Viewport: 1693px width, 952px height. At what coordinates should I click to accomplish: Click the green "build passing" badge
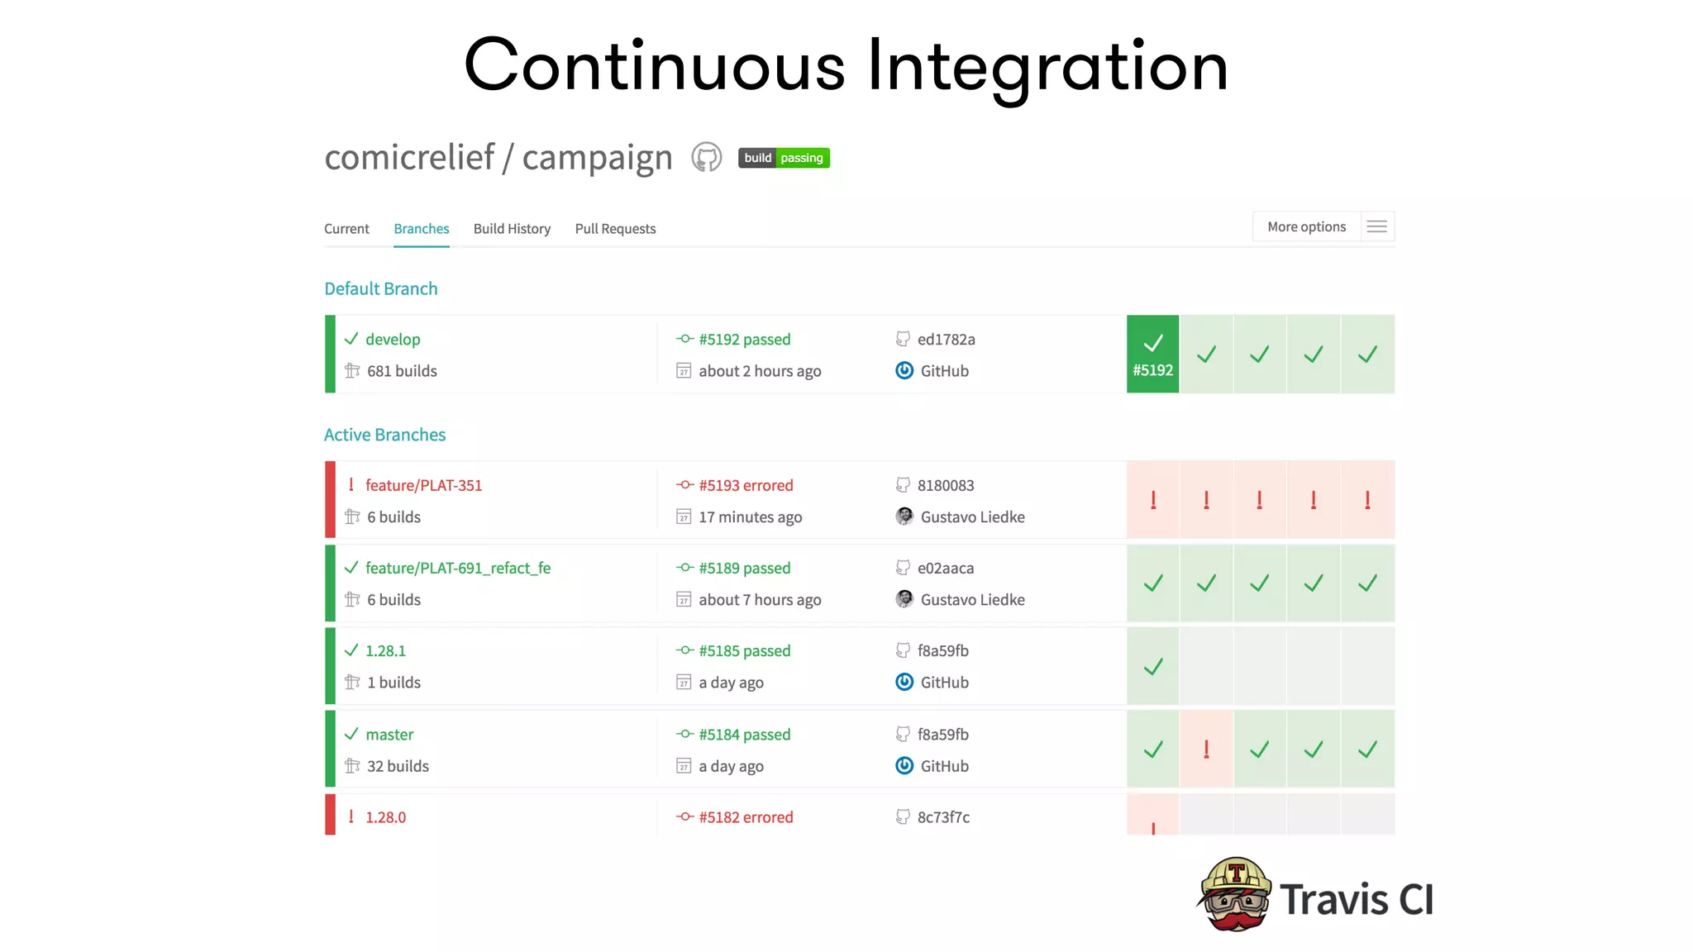pyautogui.click(x=783, y=158)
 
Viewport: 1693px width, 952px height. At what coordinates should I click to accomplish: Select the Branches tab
pyautogui.click(x=421, y=229)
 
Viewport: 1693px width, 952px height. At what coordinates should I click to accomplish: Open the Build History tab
pyautogui.click(x=512, y=229)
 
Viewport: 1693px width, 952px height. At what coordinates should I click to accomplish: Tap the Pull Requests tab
pyautogui.click(x=615, y=229)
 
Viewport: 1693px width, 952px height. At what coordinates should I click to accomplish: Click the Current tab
pyautogui.click(x=346, y=229)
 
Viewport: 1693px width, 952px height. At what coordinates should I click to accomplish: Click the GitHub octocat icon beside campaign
pyautogui.click(x=706, y=157)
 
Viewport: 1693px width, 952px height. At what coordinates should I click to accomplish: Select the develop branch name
pyautogui.click(x=393, y=340)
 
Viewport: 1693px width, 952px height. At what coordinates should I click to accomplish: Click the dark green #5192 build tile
pyautogui.click(x=1152, y=354)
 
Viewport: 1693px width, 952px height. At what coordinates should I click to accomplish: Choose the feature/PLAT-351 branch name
pyautogui.click(x=423, y=486)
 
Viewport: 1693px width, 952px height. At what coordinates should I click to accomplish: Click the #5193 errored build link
pyautogui.click(x=745, y=486)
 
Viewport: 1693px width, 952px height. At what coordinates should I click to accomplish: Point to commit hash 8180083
pyautogui.click(x=945, y=486)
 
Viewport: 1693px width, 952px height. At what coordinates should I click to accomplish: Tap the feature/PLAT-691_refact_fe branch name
pyautogui.click(x=457, y=569)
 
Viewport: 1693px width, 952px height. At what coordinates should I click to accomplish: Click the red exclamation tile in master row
pyautogui.click(x=1206, y=750)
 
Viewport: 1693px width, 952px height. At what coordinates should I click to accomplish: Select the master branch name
pyautogui.click(x=389, y=735)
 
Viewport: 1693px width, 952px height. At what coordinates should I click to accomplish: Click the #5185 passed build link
pyautogui.click(x=744, y=651)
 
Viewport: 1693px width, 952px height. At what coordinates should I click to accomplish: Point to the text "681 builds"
pyautogui.click(x=402, y=371)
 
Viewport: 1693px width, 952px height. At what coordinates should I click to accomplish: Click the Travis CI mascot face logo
pyautogui.click(x=1235, y=895)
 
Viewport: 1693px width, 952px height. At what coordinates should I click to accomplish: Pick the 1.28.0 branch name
pyautogui.click(x=385, y=817)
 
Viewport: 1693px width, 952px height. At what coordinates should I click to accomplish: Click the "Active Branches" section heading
pyautogui.click(x=384, y=435)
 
